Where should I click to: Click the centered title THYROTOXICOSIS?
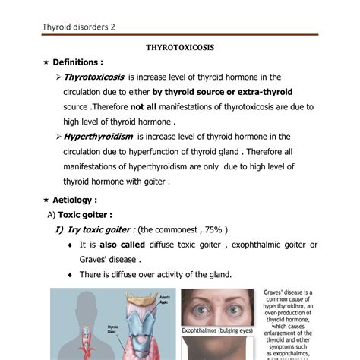(179, 47)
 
